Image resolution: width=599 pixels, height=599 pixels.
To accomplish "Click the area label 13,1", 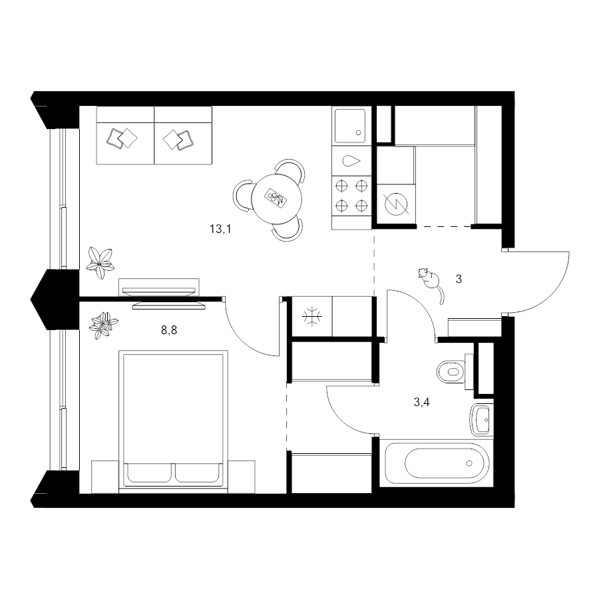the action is pyautogui.click(x=220, y=229).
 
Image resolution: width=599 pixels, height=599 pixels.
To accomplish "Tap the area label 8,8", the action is pyautogui.click(x=169, y=330).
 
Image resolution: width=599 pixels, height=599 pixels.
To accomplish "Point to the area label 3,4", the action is pyautogui.click(x=421, y=402).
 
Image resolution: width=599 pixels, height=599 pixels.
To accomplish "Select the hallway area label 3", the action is pyautogui.click(x=459, y=280).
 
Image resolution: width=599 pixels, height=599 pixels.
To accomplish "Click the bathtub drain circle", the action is pyautogui.click(x=469, y=463).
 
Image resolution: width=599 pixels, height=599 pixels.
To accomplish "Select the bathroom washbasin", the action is pyautogui.click(x=481, y=419).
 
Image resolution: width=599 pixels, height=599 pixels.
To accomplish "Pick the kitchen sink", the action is pyautogui.click(x=350, y=126).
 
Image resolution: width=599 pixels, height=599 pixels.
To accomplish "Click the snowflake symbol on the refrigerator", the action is pyautogui.click(x=312, y=317).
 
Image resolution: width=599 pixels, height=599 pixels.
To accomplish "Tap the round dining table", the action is pyautogui.click(x=277, y=199).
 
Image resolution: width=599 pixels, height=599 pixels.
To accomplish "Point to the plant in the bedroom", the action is pyautogui.click(x=102, y=325).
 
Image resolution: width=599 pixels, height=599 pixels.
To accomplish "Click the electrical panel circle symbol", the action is pyautogui.click(x=396, y=204).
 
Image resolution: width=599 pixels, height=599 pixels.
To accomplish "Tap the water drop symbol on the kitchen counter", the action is pyautogui.click(x=351, y=161).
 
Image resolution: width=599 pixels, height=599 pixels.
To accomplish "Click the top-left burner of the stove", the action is pyautogui.click(x=341, y=186).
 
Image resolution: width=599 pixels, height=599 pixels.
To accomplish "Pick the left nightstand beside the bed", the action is pyautogui.click(x=105, y=477).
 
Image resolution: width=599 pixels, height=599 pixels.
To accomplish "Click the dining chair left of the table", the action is pyautogui.click(x=242, y=196).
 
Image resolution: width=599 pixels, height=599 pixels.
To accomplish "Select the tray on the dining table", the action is pyautogui.click(x=276, y=198).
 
